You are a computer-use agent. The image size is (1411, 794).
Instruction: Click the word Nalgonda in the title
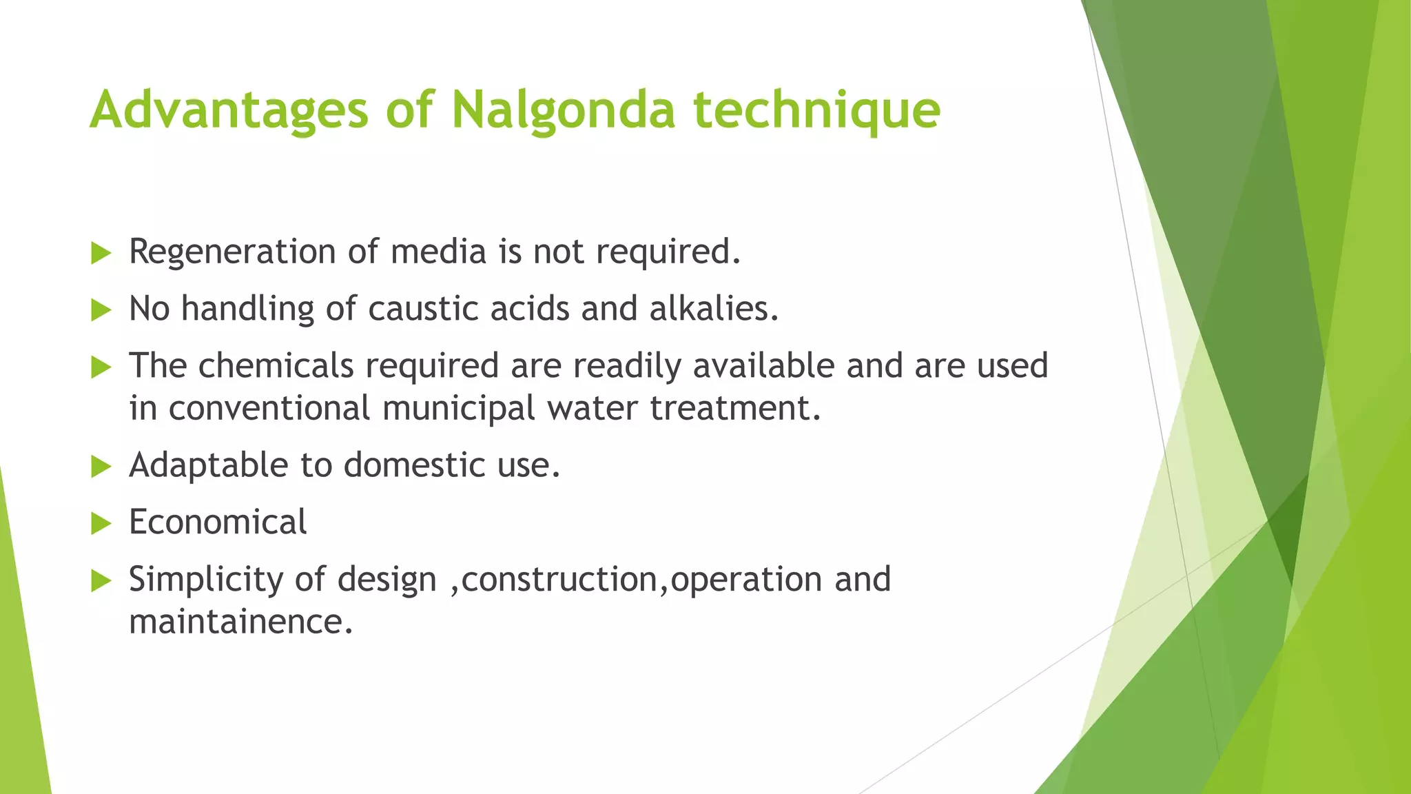click(x=563, y=110)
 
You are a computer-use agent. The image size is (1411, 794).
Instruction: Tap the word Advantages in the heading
click(x=229, y=110)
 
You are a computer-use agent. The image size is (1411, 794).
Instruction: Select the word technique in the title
click(x=816, y=110)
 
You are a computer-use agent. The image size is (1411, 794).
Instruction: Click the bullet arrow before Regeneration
click(x=101, y=253)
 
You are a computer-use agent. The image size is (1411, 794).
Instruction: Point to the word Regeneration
click(x=232, y=252)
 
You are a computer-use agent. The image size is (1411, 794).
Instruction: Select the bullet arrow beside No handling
click(x=101, y=310)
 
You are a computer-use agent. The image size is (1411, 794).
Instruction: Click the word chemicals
click(x=276, y=365)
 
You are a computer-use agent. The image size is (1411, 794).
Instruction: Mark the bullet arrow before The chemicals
click(x=101, y=367)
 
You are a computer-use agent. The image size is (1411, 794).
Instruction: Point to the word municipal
click(x=458, y=408)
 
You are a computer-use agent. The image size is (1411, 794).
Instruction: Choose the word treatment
click(x=735, y=408)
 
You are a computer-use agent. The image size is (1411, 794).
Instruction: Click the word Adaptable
click(x=209, y=465)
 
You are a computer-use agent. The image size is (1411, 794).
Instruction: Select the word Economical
click(x=218, y=522)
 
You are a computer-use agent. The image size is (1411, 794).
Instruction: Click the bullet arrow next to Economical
click(x=101, y=524)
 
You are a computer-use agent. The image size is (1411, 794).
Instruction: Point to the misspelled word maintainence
click(x=240, y=622)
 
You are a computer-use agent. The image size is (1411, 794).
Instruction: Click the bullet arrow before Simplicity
click(x=101, y=581)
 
